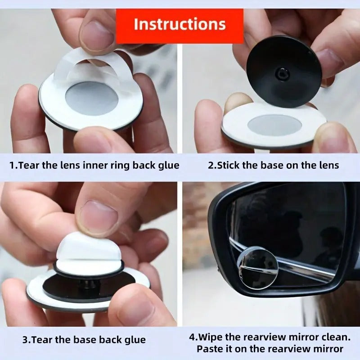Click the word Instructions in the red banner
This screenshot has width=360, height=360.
tap(180, 24)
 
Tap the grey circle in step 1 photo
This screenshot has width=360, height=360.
tap(92, 98)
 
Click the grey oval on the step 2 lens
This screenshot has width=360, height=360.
tap(274, 125)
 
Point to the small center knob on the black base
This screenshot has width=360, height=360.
tap(283, 72)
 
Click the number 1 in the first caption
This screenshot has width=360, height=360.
tap(12, 165)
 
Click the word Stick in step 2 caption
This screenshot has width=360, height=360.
tap(229, 165)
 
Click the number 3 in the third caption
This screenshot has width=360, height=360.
tap(26, 340)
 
